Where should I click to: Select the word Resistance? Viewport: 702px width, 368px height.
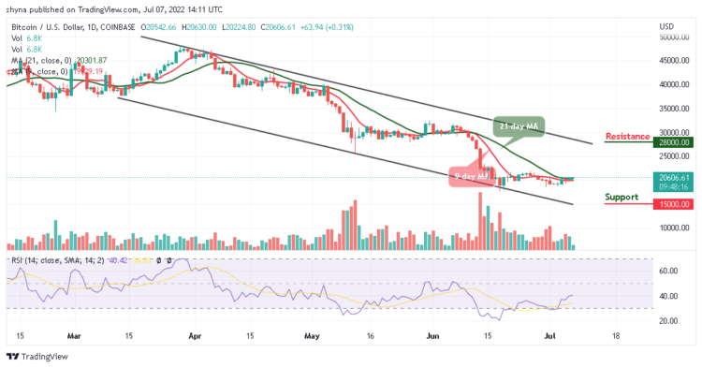click(627, 137)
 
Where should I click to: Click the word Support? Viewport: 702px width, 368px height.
click(622, 197)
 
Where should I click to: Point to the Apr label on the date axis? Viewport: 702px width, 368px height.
click(195, 334)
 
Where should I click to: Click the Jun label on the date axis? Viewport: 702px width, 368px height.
click(431, 334)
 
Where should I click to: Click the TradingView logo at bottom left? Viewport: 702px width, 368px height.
click(37, 356)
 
